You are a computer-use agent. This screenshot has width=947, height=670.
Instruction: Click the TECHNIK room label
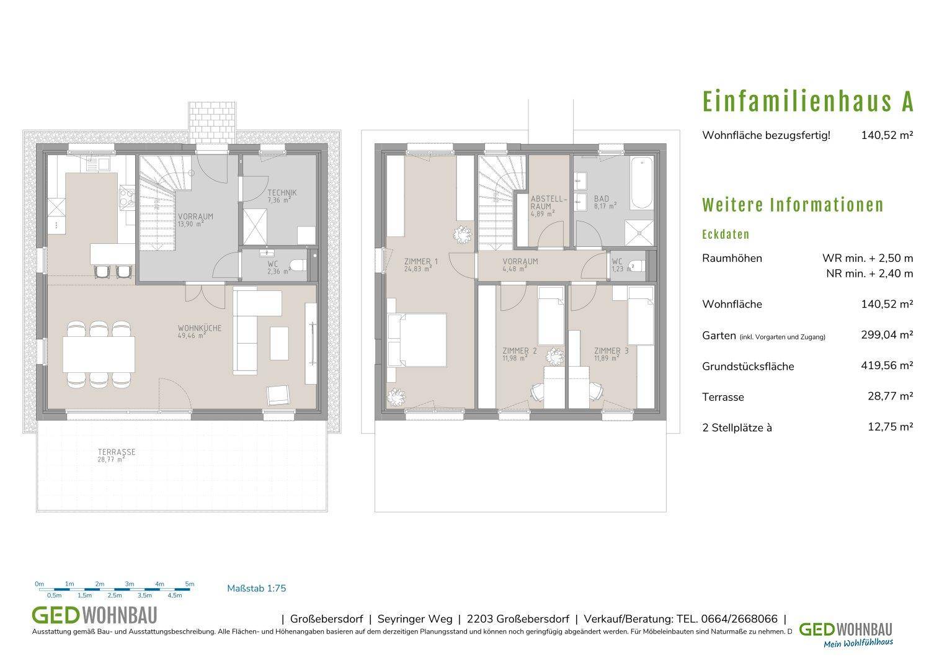point(282,192)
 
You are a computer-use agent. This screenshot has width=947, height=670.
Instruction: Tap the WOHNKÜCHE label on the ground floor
point(199,328)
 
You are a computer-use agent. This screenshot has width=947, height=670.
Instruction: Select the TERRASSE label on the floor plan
point(117,452)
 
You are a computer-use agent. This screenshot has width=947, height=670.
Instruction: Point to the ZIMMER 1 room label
point(421,261)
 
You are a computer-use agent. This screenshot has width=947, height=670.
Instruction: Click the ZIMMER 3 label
point(611,351)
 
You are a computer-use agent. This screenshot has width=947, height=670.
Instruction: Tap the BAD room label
point(601,199)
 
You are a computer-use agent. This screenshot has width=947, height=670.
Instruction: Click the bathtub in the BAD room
point(642,183)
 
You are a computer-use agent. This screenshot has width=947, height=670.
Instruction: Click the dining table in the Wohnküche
point(99,354)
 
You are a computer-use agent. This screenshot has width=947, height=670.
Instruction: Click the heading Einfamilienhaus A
point(807,102)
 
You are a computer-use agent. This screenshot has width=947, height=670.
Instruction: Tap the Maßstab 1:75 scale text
point(257,588)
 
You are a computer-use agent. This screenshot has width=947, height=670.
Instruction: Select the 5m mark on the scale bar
point(190,584)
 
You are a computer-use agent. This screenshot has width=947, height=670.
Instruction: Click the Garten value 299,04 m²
point(887,335)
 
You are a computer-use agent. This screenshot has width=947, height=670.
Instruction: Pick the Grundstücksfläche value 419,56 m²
point(887,365)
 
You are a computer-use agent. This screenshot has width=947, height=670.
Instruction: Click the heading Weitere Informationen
point(793,205)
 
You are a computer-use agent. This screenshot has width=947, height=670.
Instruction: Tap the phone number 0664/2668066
point(739,619)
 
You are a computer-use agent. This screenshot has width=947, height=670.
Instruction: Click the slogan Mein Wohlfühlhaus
point(858,643)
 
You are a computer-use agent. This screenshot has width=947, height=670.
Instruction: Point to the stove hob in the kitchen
point(127,198)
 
